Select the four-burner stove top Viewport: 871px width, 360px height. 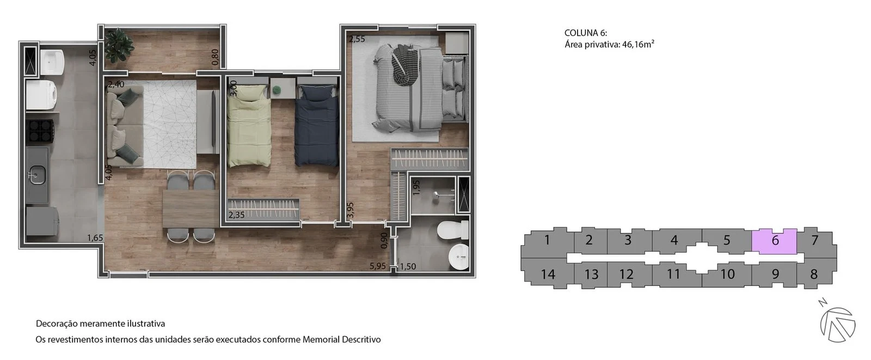point(40,131)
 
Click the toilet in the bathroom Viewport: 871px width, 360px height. point(453,230)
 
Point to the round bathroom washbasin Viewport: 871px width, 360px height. point(459,257)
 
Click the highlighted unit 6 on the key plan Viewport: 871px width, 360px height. point(774,241)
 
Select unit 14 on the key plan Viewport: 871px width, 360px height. point(548,274)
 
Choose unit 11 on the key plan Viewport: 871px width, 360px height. point(673,274)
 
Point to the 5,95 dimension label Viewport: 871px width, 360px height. point(378,266)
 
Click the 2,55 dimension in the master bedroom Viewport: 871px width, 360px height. point(357,39)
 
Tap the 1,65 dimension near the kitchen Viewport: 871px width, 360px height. point(95,238)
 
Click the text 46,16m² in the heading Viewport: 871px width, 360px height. point(638,44)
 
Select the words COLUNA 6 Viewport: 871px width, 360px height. point(586,33)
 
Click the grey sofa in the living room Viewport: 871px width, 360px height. point(125,126)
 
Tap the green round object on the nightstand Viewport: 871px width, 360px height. point(277,90)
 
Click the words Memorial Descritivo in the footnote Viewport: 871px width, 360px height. point(341,339)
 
